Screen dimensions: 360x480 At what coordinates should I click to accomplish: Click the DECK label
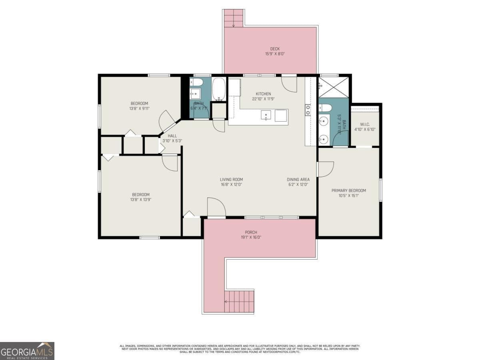point(274,49)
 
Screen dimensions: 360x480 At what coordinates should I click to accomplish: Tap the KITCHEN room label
point(263,94)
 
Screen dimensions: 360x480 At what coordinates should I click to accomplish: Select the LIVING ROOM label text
point(231,180)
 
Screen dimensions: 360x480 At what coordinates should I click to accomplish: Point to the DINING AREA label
point(298,180)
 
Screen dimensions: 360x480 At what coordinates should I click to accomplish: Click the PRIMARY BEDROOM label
point(348,190)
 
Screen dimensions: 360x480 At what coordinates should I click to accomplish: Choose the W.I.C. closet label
point(364,124)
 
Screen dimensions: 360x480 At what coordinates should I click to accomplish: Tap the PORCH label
point(251,232)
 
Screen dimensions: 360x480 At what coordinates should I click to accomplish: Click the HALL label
point(172,136)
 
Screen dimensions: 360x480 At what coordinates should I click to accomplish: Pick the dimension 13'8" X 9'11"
point(140,108)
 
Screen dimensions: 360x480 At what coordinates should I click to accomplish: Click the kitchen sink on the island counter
point(266,115)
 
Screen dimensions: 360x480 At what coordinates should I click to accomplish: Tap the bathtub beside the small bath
point(219,89)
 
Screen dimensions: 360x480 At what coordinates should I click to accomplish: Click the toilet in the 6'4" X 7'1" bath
point(196,82)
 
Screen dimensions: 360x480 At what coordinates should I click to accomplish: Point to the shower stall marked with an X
point(333,87)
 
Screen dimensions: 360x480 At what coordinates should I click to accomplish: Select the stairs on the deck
point(234,18)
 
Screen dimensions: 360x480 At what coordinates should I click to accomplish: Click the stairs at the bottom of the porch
point(239,302)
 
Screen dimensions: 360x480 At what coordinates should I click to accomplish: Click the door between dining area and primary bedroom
point(325,169)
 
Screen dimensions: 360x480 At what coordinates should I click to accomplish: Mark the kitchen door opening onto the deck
point(289,83)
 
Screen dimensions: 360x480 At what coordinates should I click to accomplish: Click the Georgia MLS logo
point(27,351)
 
